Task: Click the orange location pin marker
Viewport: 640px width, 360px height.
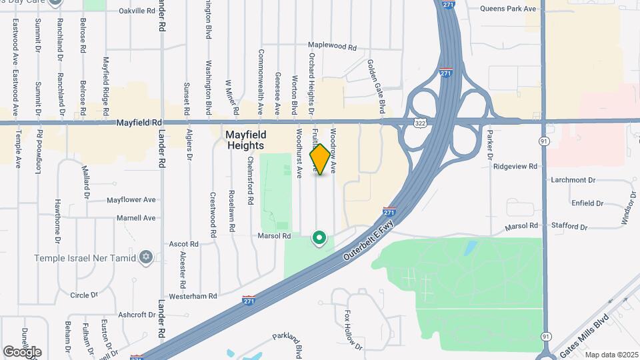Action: point(320,159)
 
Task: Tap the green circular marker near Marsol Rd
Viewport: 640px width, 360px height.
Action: point(319,237)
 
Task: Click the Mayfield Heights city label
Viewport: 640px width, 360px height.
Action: point(245,139)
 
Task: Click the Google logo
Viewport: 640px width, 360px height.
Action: point(22,351)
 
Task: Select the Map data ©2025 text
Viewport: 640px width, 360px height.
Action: point(612,355)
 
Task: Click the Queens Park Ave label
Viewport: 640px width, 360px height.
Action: point(508,9)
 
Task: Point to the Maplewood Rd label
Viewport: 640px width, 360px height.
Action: point(333,47)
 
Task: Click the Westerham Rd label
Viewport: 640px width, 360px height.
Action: point(193,296)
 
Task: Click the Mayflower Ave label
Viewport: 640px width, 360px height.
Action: point(131,199)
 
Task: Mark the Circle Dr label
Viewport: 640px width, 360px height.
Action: point(84,295)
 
